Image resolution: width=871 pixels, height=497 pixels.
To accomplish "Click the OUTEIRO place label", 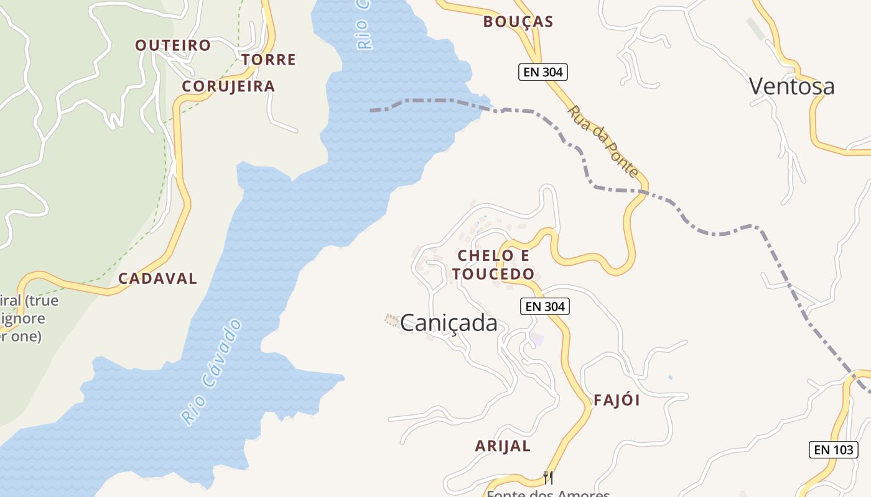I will point(173,45).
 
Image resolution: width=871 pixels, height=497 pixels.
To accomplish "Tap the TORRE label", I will point(269,60).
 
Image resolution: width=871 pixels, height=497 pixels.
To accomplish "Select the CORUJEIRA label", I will point(228,86).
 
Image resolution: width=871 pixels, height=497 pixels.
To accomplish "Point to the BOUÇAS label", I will point(518,22).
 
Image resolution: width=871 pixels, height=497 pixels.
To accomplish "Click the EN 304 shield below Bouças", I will point(543,72).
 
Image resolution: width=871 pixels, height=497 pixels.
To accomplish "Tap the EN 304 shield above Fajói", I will point(545,306).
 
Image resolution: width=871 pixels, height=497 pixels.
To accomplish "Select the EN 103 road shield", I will point(834,450).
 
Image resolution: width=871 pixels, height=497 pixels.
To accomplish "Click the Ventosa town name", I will point(791,86).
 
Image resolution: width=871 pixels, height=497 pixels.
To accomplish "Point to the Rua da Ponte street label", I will point(603,141).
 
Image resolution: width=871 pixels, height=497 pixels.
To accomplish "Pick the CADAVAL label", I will point(157,279).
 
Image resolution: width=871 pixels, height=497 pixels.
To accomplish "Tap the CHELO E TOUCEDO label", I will point(493,265).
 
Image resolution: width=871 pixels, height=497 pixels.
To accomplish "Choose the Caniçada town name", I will point(449,323).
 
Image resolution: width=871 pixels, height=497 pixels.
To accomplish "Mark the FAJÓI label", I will point(617,400).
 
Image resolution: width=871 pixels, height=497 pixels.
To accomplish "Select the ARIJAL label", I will point(503,446).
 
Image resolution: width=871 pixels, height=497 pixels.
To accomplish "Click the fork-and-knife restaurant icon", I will point(548,477).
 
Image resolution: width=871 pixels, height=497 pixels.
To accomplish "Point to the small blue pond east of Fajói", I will point(670,377).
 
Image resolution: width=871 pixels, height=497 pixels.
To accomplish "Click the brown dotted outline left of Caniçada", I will point(391,320).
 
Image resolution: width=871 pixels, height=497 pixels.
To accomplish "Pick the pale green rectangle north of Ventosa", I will point(757,29).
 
